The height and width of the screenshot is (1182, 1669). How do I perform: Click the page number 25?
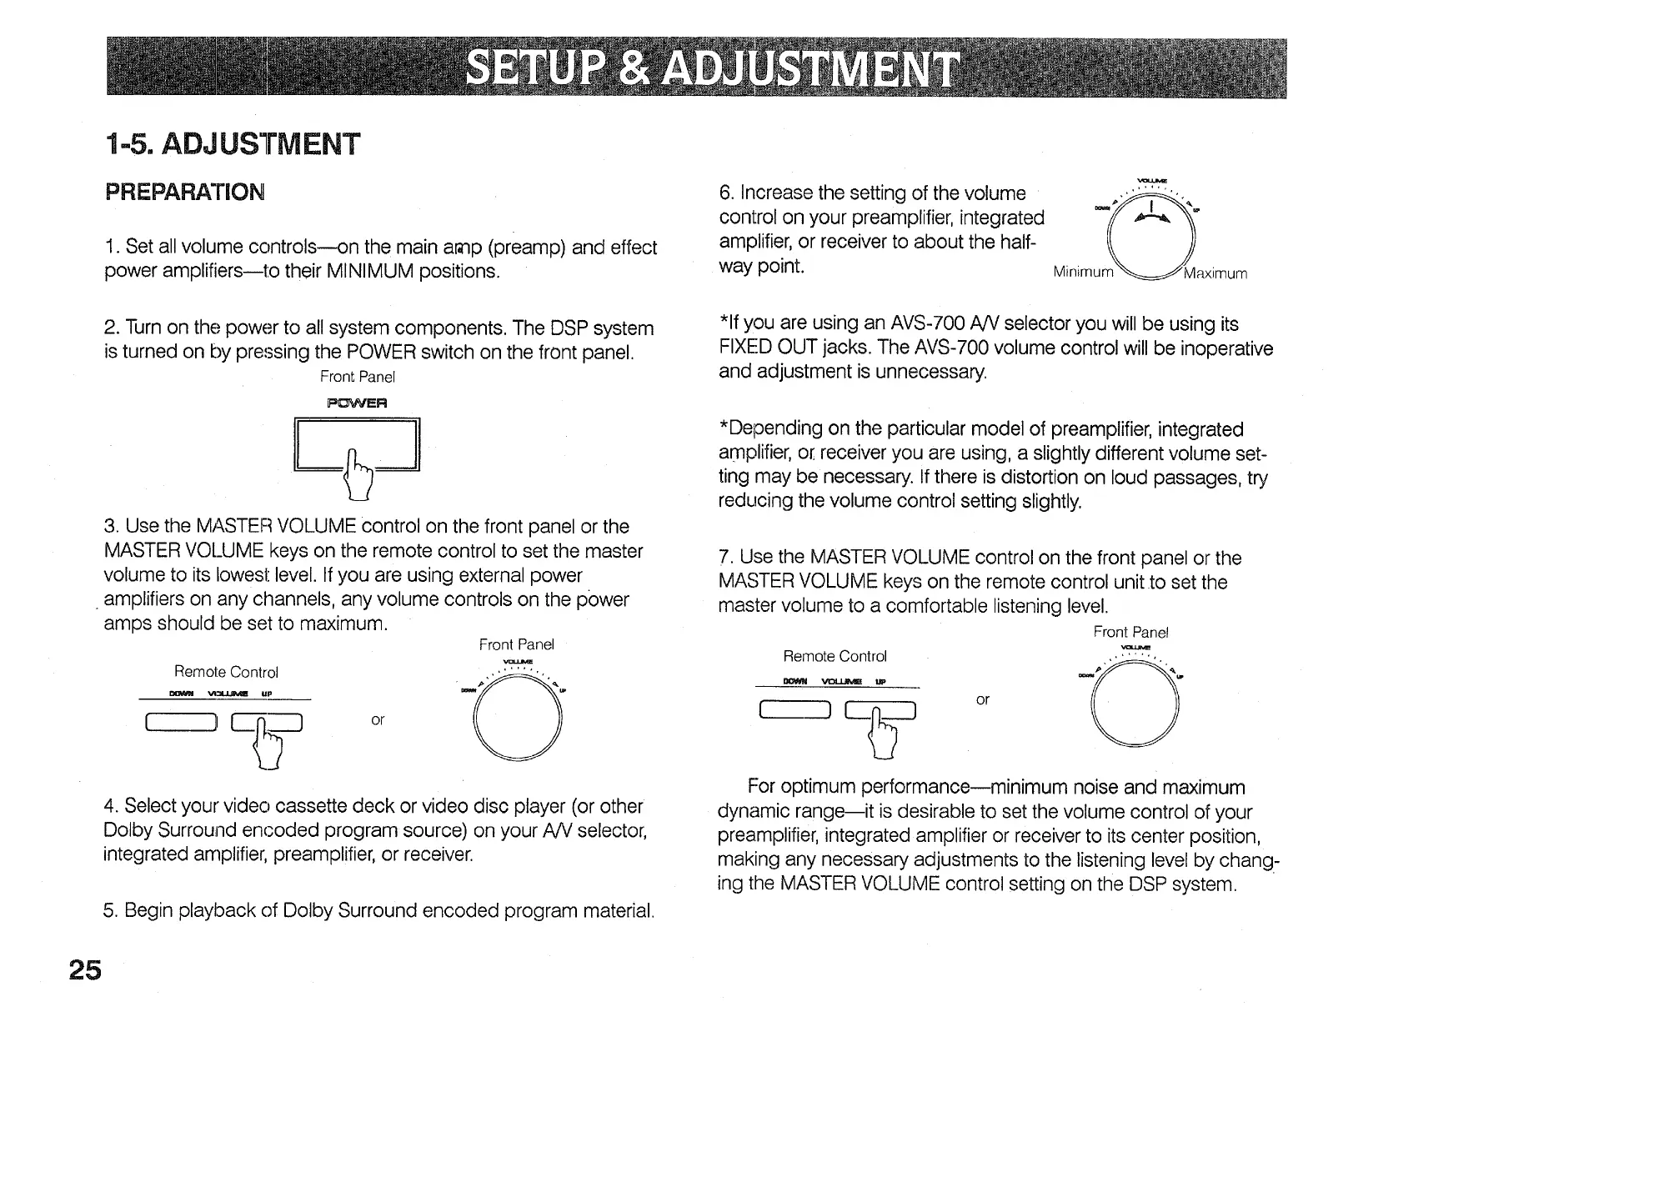[x=85, y=970]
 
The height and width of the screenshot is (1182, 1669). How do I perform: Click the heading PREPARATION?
[x=185, y=193]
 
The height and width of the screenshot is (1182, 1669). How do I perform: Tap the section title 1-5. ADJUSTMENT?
[x=233, y=144]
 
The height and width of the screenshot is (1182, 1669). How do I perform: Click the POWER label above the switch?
[x=357, y=403]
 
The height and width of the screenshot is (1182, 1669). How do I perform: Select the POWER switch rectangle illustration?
[x=357, y=443]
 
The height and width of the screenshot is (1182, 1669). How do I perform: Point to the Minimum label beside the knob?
[x=1083, y=273]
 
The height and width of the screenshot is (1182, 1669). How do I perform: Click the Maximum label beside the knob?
[x=1215, y=273]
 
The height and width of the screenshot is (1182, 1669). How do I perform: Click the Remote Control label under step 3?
[x=226, y=672]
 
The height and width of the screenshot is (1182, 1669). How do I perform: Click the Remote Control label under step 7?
[x=834, y=656]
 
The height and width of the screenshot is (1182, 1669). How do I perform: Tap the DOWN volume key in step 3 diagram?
[x=182, y=723]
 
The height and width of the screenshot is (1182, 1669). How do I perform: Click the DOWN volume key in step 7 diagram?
[x=795, y=709]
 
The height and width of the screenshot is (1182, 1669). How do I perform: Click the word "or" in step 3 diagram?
[x=378, y=719]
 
